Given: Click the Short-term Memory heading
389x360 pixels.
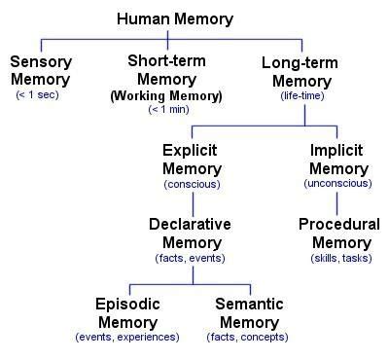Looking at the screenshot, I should point(166,70).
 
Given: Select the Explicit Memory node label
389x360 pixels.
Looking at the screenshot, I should point(192,162).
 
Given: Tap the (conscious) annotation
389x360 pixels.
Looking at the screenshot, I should point(192,184).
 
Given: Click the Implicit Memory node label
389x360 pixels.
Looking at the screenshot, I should point(336,162).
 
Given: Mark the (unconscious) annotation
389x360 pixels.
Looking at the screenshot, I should point(336,184).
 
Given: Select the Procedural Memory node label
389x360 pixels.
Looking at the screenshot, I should point(339,233).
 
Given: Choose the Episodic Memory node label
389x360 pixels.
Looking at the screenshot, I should point(126,312).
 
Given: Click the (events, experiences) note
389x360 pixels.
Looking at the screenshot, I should point(126,337).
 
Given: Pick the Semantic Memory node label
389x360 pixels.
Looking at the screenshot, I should point(249,312).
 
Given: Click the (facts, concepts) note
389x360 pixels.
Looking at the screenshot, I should point(249,337).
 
